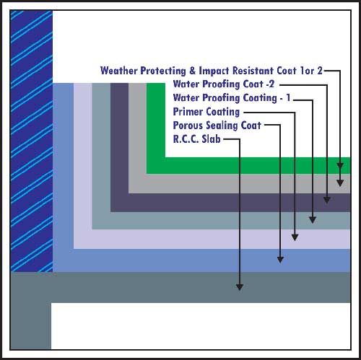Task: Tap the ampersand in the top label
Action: pyautogui.click(x=192, y=71)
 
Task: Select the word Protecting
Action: pyautogui.click(x=163, y=71)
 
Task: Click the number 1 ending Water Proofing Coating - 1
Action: pyautogui.click(x=288, y=98)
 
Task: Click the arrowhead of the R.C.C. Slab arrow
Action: pyautogui.click(x=240, y=287)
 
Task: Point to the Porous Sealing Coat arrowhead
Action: pyautogui.click(x=280, y=260)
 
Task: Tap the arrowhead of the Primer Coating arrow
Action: pyautogui.click(x=295, y=237)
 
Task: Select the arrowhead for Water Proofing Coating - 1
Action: pyautogui.click(x=313, y=220)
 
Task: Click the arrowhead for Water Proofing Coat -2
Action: pyautogui.click(x=326, y=200)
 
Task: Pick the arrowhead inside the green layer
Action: pyautogui.click(x=340, y=165)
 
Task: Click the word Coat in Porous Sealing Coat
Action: pyautogui.click(x=251, y=126)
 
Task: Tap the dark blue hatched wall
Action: pyautogui.click(x=32, y=141)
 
